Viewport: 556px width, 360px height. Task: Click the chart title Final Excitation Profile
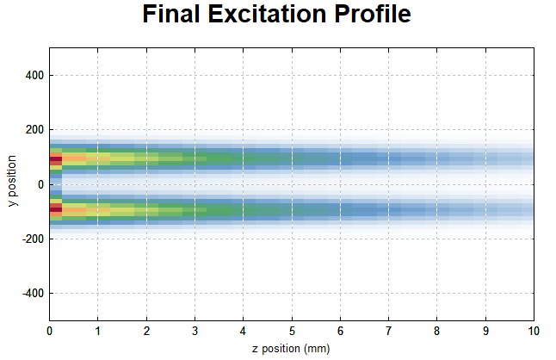coord(276,14)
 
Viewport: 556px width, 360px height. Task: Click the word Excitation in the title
coord(267,14)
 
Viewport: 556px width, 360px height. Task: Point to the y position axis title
coord(12,181)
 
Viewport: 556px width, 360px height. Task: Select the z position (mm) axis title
coord(291,349)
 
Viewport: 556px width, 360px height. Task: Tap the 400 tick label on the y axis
coord(34,75)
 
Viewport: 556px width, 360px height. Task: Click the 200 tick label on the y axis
coord(34,130)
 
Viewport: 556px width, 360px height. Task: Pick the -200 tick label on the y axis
coord(33,239)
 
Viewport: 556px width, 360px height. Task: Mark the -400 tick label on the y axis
coord(33,294)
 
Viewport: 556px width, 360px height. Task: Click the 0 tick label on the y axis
coord(40,184)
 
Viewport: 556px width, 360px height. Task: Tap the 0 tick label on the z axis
coord(49,332)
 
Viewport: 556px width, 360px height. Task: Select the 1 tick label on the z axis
coord(97,332)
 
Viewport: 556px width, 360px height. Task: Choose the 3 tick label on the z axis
coord(195,332)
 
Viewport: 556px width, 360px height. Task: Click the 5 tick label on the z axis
coord(292,332)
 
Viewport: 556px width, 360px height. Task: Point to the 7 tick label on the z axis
coord(388,332)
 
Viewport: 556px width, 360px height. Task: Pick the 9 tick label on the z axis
coord(485,332)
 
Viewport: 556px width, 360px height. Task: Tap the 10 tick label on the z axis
coord(534,332)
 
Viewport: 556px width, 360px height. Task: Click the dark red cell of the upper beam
coord(56,161)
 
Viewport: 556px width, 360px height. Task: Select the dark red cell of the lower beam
coord(56,209)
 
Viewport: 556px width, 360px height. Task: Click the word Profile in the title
coord(373,14)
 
